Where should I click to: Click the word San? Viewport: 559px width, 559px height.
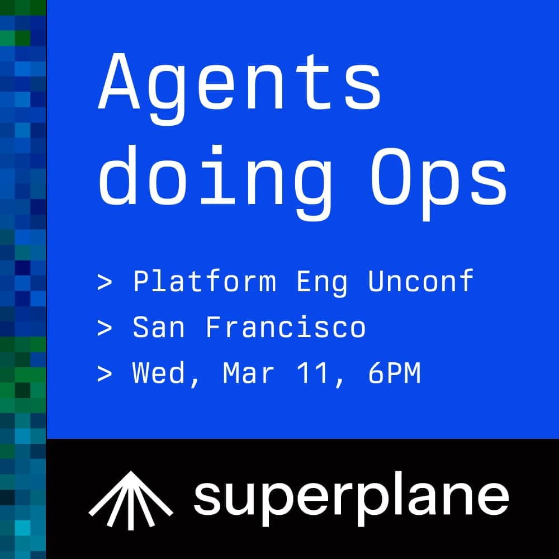coord(159,328)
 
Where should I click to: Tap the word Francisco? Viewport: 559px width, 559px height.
coord(286,328)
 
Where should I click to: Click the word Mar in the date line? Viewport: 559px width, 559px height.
coord(249,373)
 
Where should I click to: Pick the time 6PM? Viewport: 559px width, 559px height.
coord(394,373)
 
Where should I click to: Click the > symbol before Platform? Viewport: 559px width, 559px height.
coord(105,282)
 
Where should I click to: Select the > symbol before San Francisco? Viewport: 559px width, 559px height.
coord(105,328)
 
